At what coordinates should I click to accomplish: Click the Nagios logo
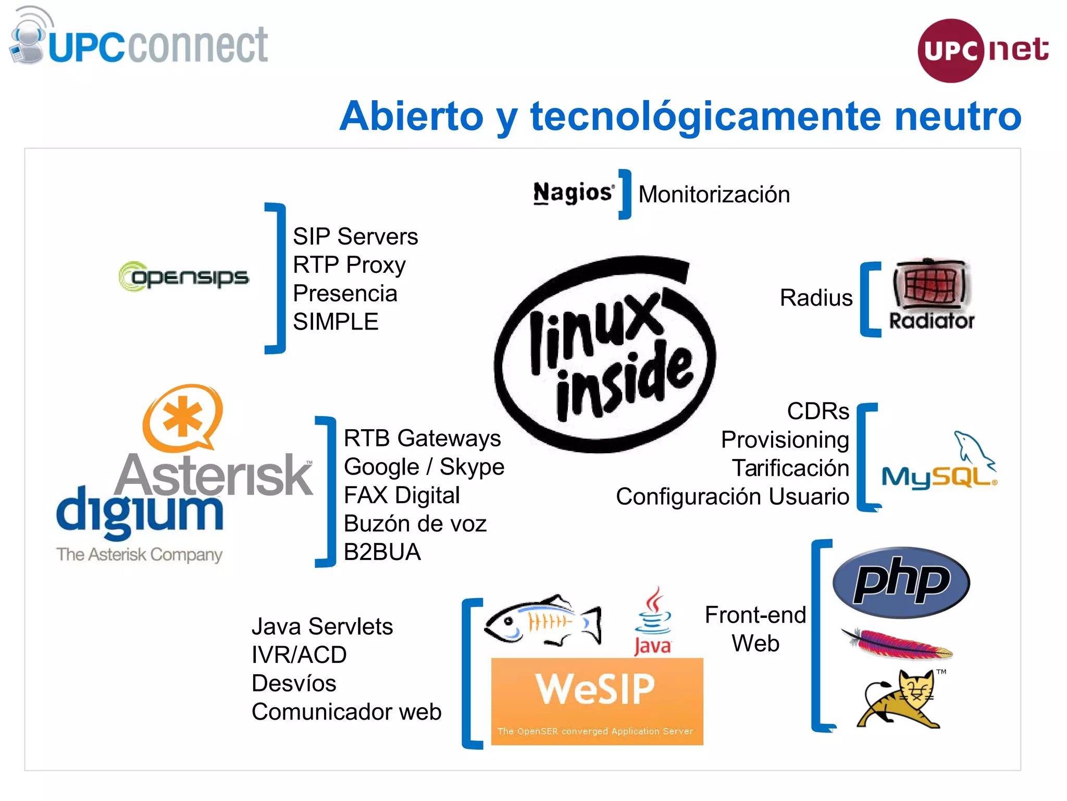click(x=573, y=193)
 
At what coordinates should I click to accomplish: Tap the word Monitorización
click(x=714, y=195)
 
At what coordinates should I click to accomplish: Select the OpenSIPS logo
click(x=183, y=276)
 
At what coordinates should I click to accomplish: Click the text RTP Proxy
click(x=349, y=265)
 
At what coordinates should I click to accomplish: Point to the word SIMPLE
click(x=335, y=322)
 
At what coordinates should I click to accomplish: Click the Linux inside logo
click(x=604, y=355)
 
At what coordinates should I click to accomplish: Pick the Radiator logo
click(x=931, y=295)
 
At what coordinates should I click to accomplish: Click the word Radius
click(x=816, y=298)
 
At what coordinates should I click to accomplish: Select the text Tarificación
click(x=790, y=468)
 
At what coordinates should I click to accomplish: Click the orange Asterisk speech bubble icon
click(x=182, y=417)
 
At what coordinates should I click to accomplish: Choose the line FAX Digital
click(x=401, y=495)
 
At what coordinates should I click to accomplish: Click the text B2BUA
click(x=382, y=552)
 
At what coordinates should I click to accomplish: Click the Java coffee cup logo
click(x=653, y=621)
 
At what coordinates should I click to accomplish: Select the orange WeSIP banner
click(x=597, y=701)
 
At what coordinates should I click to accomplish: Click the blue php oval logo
click(x=901, y=582)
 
